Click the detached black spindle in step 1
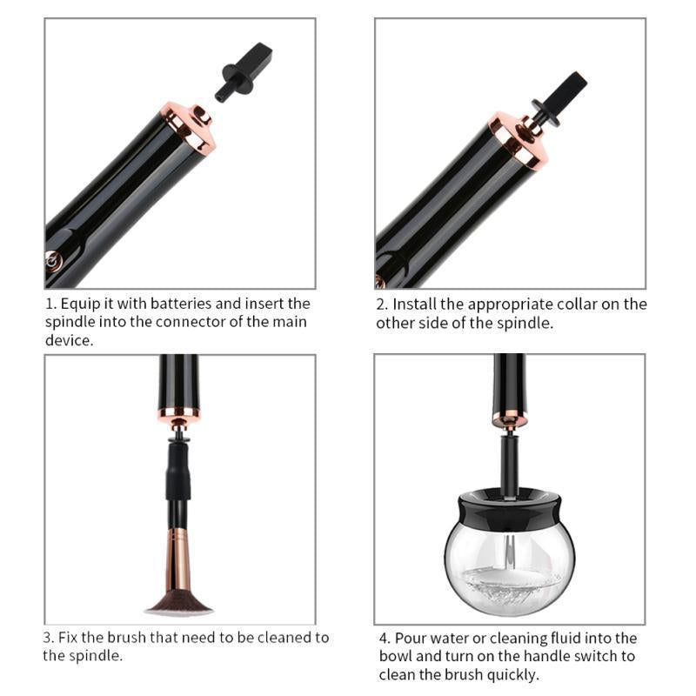click(244, 72)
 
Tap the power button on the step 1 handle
click(52, 261)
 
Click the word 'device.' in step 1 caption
click(70, 340)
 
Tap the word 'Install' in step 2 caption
click(415, 304)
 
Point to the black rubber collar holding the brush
click(179, 472)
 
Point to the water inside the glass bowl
click(510, 585)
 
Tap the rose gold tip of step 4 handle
click(510, 418)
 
